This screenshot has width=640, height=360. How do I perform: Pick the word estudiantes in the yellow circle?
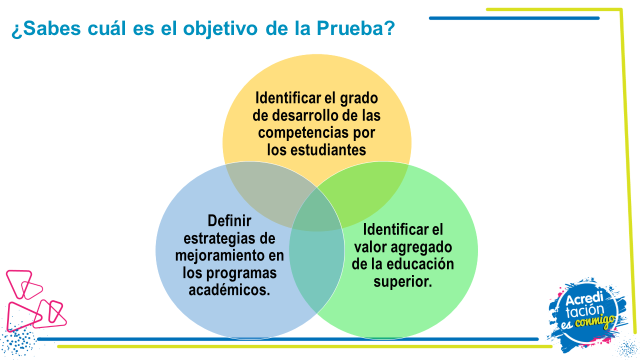(328, 149)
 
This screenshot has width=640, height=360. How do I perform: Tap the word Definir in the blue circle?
(229, 220)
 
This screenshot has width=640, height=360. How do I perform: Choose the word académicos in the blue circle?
(229, 289)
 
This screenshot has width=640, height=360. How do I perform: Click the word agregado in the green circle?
(421, 247)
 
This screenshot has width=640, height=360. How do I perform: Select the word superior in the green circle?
(403, 282)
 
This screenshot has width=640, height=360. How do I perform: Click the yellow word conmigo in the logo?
(595, 321)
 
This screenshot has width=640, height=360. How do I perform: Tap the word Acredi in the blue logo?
(584, 299)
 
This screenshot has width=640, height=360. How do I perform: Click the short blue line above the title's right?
(514, 18)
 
